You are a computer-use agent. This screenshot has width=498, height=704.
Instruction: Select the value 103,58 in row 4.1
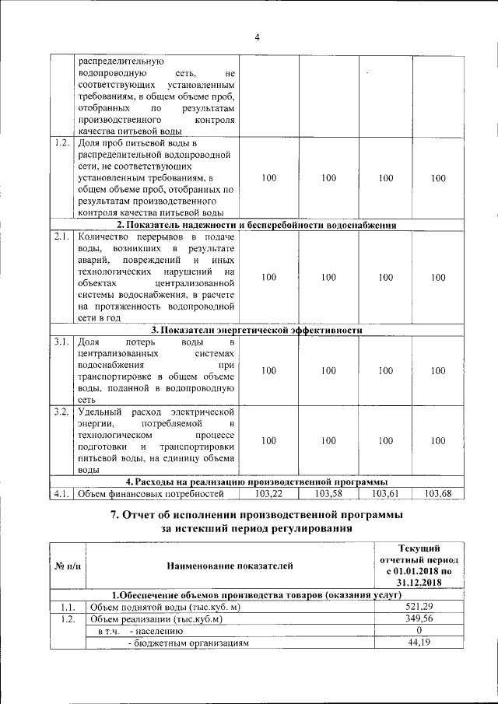[328, 493]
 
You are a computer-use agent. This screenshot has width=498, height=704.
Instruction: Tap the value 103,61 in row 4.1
[386, 493]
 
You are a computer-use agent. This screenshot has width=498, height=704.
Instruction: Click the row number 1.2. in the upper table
[61, 144]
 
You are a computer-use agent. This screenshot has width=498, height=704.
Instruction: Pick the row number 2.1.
[61, 236]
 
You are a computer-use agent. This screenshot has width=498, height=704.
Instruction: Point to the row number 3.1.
[61, 341]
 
